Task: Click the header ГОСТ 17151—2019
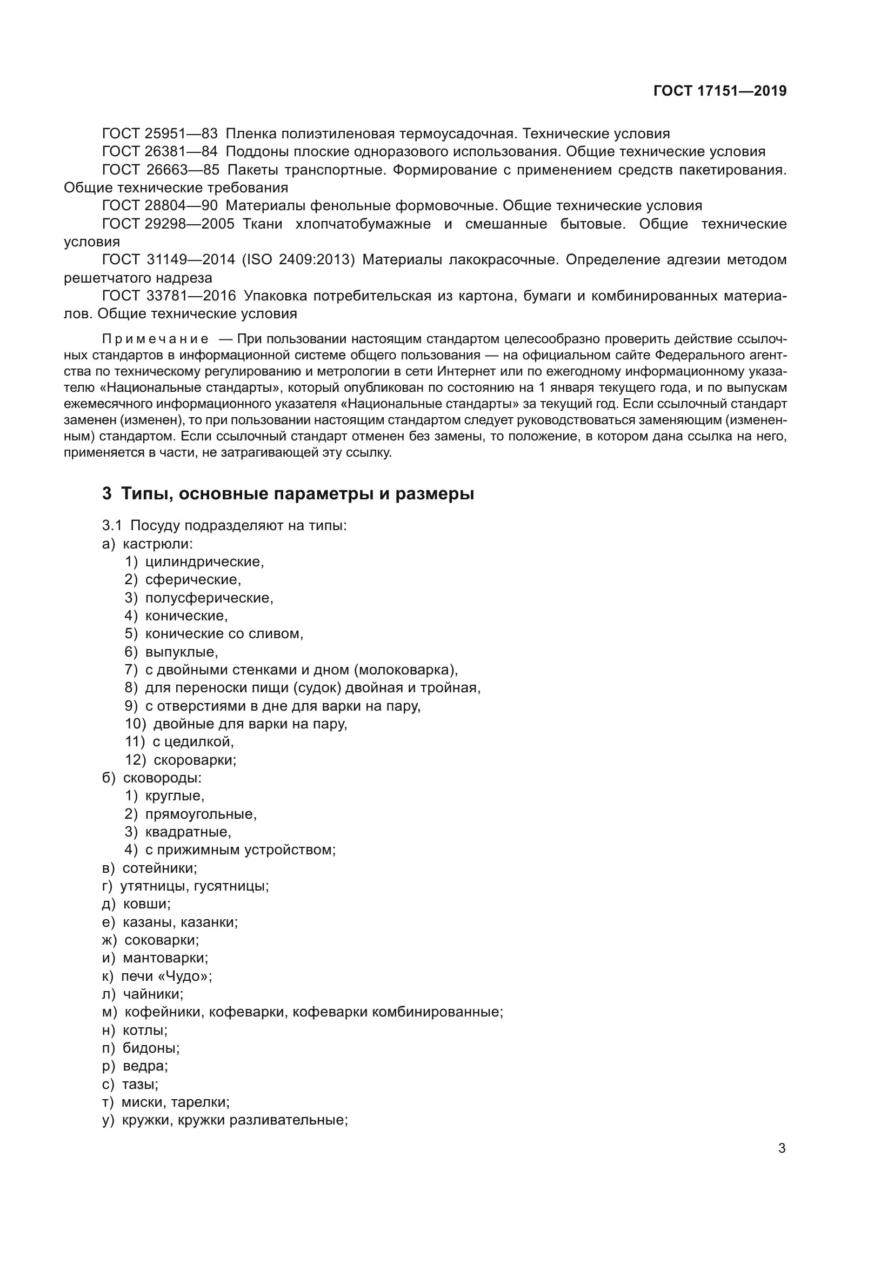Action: [719, 91]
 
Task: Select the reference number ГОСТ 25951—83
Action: [159, 134]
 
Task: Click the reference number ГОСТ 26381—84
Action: [159, 152]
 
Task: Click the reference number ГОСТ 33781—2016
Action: [169, 296]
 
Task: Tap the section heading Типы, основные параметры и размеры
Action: [297, 494]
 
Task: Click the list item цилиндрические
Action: [204, 562]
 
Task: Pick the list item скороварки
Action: [195, 760]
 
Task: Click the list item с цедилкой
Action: [193, 742]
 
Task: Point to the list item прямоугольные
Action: [201, 814]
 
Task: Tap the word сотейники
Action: [159, 868]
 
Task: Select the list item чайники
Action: [152, 994]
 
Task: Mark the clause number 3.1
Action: [112, 526]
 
